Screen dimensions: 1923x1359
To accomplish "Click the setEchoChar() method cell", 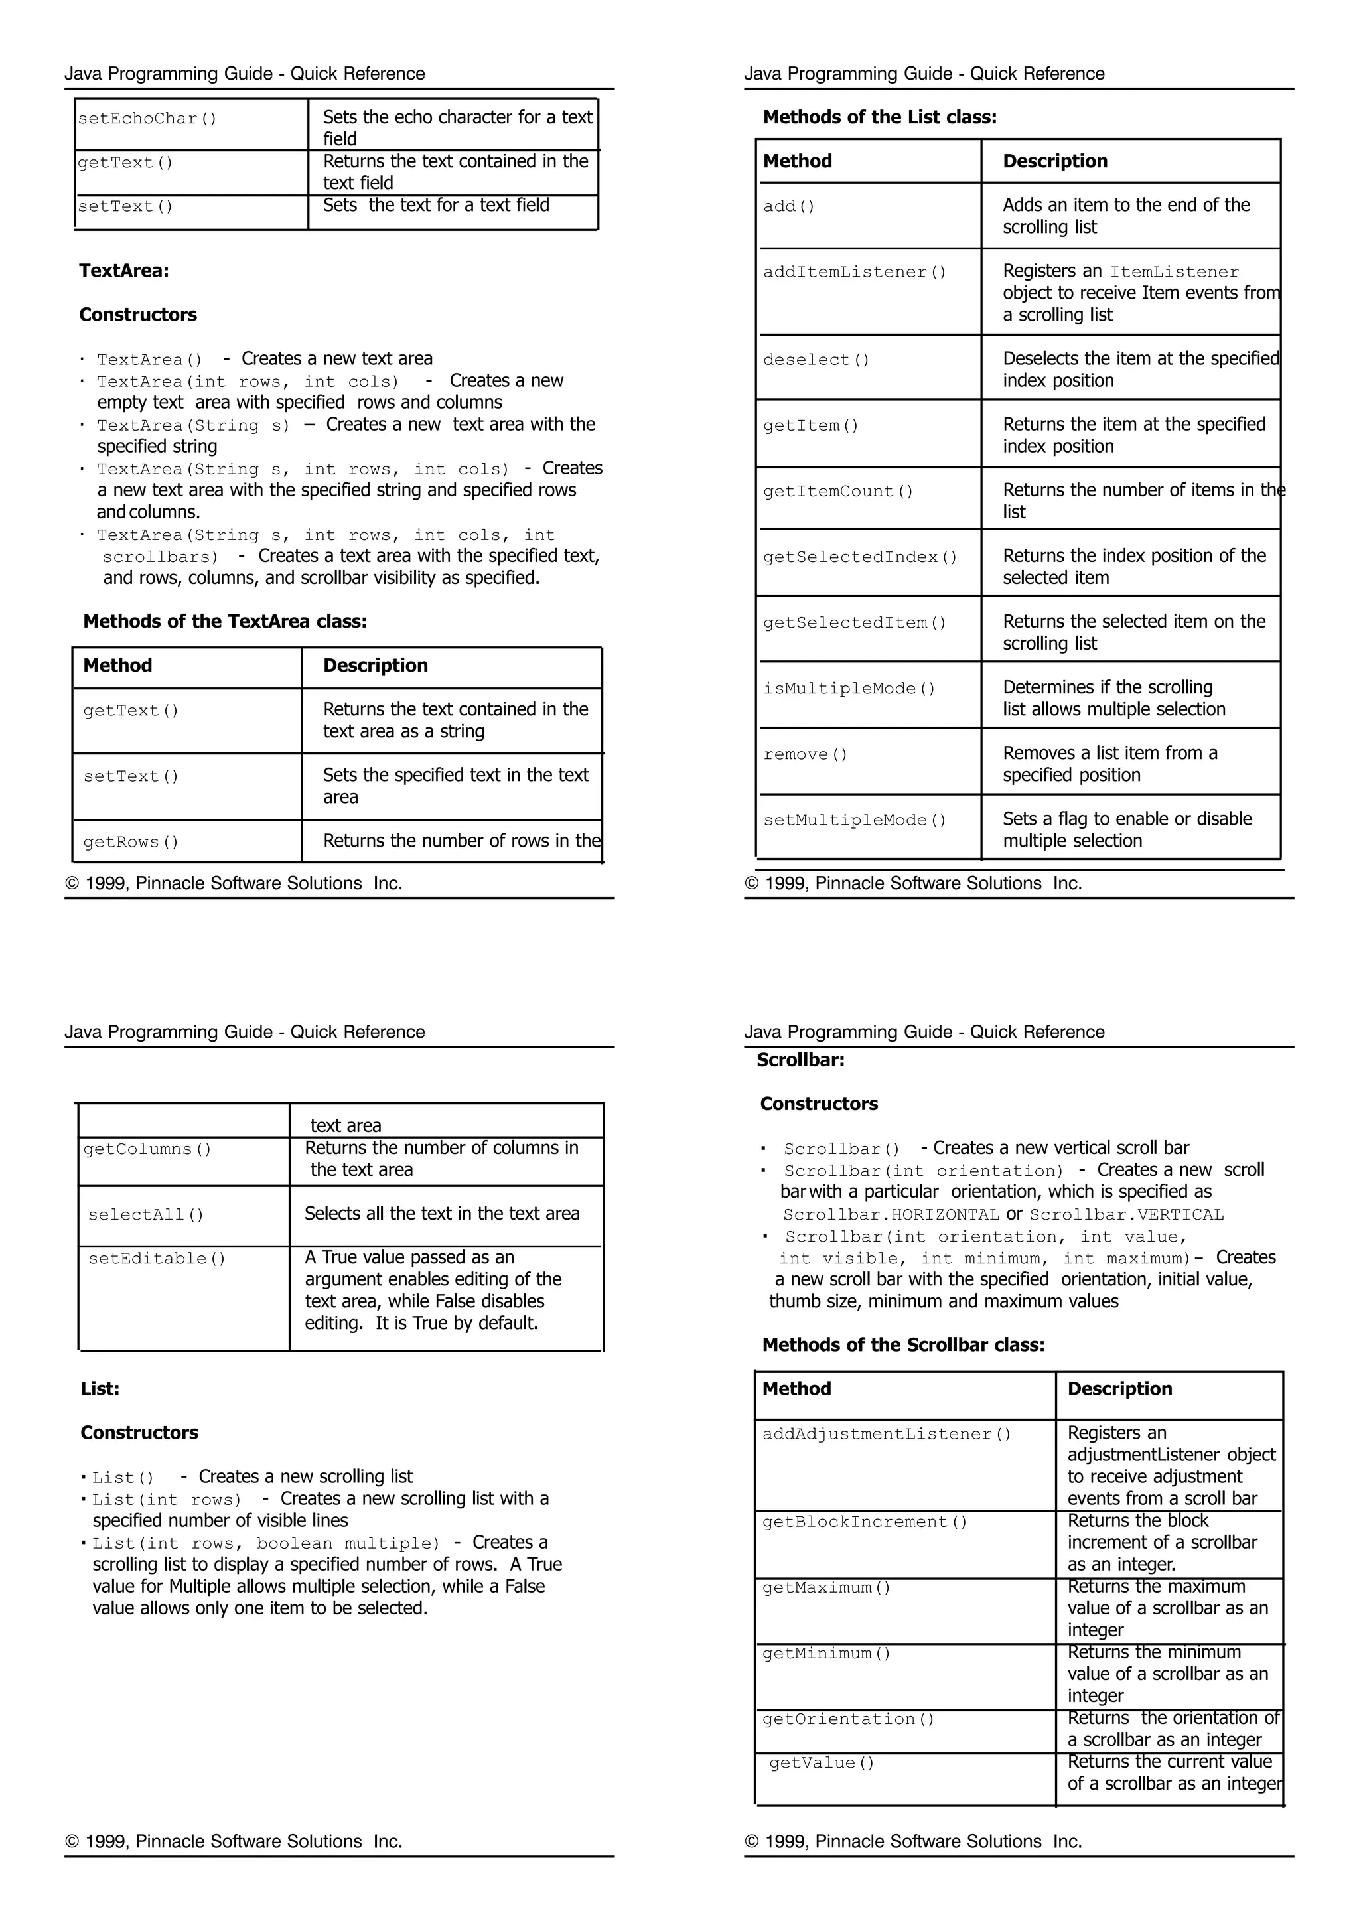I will pos(147,119).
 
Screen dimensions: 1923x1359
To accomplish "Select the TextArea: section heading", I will pos(124,271).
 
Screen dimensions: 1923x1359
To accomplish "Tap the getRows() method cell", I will pos(131,842).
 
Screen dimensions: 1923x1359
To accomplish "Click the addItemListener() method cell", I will pos(855,272).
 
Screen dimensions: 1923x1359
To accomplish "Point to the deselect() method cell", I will pos(816,360).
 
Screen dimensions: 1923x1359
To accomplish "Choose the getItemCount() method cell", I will pos(838,492).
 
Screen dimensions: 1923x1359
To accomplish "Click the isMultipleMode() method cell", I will pos(849,689).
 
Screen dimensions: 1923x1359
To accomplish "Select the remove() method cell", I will pos(806,754).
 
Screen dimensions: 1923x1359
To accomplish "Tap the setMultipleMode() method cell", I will pos(855,820).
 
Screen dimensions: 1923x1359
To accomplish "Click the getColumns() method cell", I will pos(147,1149).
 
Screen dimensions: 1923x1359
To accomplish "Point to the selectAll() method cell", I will pos(146,1214).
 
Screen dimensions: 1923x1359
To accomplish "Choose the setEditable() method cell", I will pos(157,1258).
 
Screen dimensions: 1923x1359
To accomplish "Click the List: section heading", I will pos(100,1389).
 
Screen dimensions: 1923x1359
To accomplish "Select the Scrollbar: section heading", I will pos(800,1060).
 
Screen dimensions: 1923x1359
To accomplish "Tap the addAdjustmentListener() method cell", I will pos(887,1434).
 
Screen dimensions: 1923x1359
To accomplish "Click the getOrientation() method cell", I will pos(848,1719).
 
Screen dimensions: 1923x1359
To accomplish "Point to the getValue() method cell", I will pos(822,1762).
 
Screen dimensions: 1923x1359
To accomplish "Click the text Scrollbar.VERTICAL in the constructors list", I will pos(1126,1214).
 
